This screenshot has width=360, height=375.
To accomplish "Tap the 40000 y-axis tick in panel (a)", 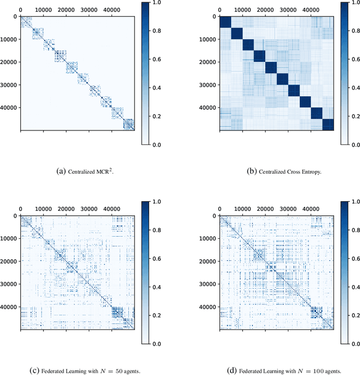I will (10, 107).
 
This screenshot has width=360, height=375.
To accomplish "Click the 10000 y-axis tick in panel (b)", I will (208, 39).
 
